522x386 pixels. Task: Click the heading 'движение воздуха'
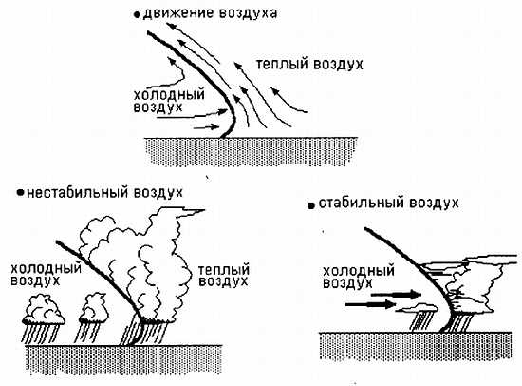tap(210, 13)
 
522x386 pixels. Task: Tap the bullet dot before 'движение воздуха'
tap(136, 15)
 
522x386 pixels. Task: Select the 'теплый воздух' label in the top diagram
tap(309, 64)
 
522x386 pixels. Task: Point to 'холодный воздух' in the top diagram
tap(169, 101)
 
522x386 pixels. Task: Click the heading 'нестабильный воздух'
tap(104, 193)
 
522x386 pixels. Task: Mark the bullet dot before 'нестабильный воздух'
tap(21, 192)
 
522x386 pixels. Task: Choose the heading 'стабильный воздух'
tap(388, 203)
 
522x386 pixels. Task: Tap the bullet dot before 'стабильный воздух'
tap(311, 206)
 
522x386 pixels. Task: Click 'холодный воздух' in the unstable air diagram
tap(46, 275)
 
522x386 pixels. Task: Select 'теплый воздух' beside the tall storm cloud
tap(224, 276)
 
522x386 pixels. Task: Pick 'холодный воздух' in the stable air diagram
tap(359, 277)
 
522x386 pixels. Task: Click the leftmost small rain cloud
tap(44, 309)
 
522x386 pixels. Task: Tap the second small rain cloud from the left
tap(94, 308)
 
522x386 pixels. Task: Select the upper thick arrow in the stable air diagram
tap(396, 295)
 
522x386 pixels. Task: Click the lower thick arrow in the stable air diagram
tap(371, 304)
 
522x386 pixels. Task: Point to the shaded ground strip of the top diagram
tap(252, 151)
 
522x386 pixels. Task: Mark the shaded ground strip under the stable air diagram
tap(416, 346)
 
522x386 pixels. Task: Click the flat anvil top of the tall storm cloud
tap(181, 211)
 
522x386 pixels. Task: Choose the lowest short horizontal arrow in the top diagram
tap(206, 127)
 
